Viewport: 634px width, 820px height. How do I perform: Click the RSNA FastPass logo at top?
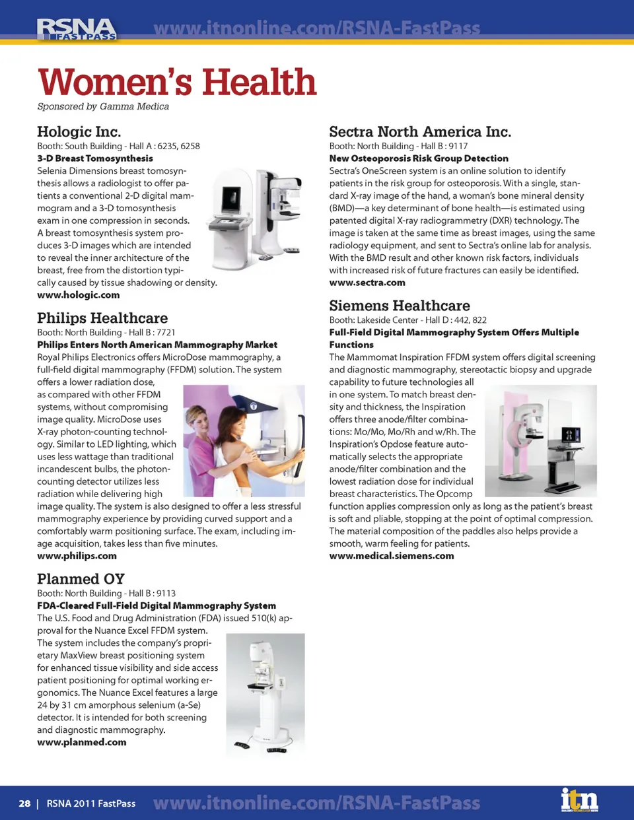[x=77, y=30]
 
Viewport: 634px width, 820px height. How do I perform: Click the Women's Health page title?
[x=177, y=83]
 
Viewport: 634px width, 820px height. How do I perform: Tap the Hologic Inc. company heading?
[x=79, y=131]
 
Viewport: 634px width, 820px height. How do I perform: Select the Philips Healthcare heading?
[x=102, y=318]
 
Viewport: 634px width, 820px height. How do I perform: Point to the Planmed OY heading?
[x=81, y=579]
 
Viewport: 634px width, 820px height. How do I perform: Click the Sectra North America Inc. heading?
[x=420, y=132]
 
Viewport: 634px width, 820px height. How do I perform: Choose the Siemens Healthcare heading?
[x=400, y=306]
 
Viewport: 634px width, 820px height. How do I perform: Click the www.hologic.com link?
[x=79, y=295]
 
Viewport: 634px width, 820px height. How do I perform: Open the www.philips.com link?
[x=77, y=556]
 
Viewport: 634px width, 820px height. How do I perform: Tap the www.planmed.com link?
[x=82, y=742]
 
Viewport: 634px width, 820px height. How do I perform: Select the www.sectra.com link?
[x=367, y=283]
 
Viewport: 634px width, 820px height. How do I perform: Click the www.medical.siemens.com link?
[x=392, y=556]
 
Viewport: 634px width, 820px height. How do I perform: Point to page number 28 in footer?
[x=24, y=803]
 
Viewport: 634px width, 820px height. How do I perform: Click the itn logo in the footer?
[x=579, y=801]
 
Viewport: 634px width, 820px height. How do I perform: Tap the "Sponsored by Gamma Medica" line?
[x=103, y=106]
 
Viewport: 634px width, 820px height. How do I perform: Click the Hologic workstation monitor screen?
[x=232, y=196]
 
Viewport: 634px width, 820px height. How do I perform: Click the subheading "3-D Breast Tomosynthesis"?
[x=95, y=158]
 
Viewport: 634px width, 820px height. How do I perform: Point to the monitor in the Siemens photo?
[x=570, y=435]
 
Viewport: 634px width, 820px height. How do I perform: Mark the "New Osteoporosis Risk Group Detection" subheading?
[x=419, y=158]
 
